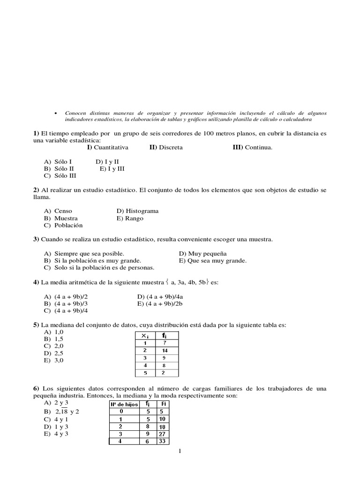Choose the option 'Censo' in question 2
point(63,211)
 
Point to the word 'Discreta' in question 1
point(171,147)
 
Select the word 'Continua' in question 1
point(259,147)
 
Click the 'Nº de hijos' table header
point(123,404)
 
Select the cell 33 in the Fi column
point(161,441)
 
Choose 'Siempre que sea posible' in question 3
point(89,254)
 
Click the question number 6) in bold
point(36,389)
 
